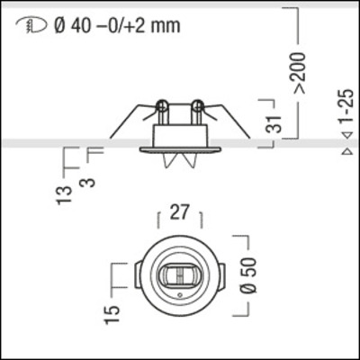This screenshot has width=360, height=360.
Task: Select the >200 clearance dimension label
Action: [x=299, y=77]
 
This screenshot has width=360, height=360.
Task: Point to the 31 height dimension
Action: [x=275, y=122]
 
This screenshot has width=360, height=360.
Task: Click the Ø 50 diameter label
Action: [x=251, y=274]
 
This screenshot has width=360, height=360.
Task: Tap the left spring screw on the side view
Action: [x=162, y=112]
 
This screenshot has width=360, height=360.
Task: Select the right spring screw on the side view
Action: [x=196, y=112]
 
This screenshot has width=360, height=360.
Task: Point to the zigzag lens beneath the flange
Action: [x=180, y=161]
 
